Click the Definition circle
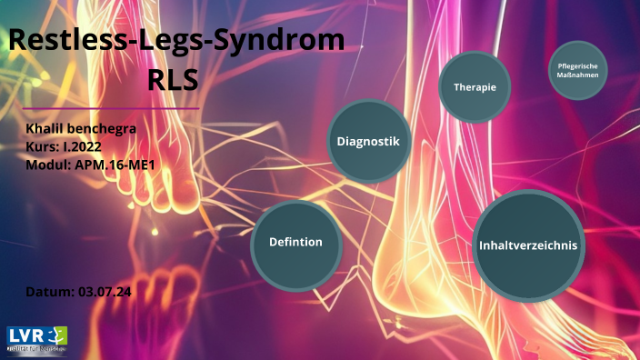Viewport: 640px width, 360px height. click(x=296, y=243)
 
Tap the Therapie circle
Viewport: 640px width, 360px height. click(x=475, y=87)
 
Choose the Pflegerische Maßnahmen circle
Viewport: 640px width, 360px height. click(x=577, y=70)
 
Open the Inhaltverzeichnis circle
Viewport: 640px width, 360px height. click(x=527, y=245)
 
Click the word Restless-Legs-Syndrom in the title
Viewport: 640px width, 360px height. click(x=177, y=41)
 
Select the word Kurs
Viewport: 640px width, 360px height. click(x=43, y=145)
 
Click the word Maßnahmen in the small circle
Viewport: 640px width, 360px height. click(x=577, y=75)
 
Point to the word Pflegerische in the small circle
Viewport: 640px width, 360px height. click(x=577, y=65)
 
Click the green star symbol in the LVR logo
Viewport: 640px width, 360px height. click(x=59, y=335)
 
